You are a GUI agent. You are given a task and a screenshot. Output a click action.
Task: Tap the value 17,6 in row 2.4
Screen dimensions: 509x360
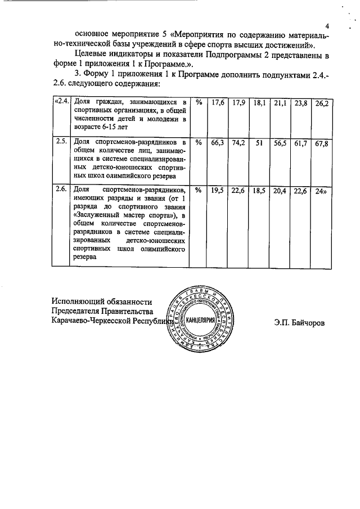218,103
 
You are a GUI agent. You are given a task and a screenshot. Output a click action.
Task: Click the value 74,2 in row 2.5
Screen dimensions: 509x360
239,143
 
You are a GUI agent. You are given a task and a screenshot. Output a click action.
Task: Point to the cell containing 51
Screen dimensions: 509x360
259,143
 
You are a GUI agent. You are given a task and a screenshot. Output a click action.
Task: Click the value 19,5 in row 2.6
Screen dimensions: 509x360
218,191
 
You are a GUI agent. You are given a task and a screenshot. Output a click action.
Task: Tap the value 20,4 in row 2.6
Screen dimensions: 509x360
280,191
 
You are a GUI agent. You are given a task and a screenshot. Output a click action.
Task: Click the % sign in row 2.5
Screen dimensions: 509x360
198,143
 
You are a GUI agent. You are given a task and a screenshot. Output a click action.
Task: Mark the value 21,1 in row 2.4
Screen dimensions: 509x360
280,103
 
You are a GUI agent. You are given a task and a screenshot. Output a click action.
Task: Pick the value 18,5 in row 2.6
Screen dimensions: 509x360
259,191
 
